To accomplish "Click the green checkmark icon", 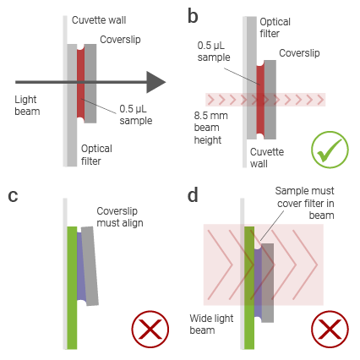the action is point(330,150).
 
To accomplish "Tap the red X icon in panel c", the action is point(150,330).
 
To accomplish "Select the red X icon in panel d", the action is point(330,330).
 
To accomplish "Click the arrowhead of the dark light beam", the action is point(155,82).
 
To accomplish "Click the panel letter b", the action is point(193,16).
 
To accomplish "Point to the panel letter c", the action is point(13,196).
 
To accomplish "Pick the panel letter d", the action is point(193,194).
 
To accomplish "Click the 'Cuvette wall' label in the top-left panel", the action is point(99,20).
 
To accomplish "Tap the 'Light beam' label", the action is point(27,106).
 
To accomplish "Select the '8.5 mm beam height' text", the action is point(210,128).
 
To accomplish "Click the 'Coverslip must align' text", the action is point(120,217).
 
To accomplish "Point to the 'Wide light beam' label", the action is point(211,324).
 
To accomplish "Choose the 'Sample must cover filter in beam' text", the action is point(305,203).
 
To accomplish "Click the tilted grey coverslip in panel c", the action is point(90,266).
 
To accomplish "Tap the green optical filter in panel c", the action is point(72,287).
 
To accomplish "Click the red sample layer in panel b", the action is point(260,100).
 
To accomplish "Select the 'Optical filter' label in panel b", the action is point(275,28).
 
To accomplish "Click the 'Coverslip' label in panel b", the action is point(299,53).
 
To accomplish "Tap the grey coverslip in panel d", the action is point(268,283).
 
